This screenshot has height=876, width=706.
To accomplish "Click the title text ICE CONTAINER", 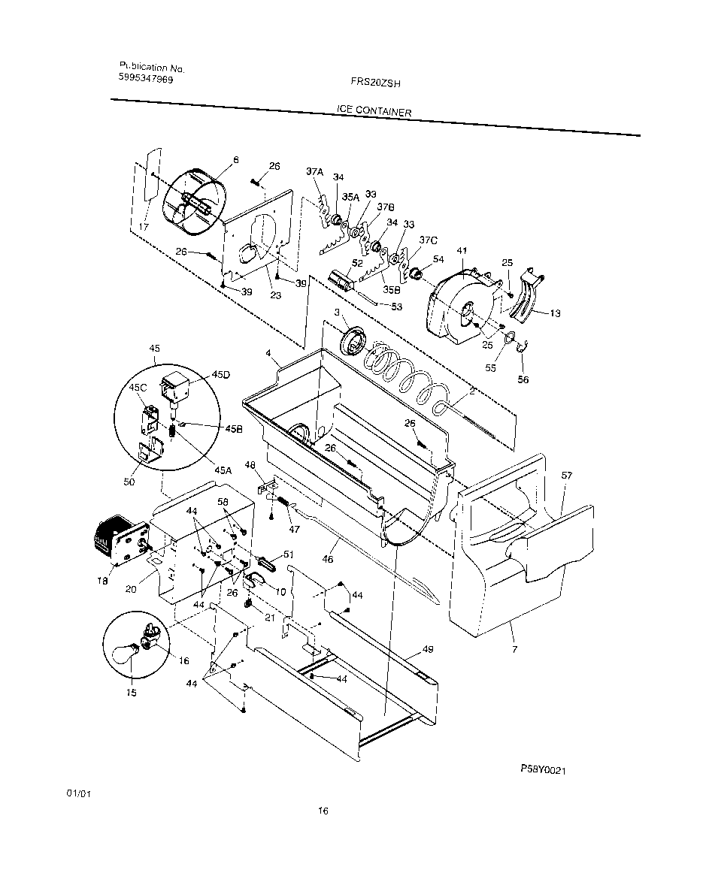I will [x=373, y=112].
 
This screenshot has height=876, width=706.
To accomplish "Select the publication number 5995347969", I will [x=146, y=77].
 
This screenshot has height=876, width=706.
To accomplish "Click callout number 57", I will [x=566, y=476].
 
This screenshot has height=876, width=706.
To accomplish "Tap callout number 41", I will [x=462, y=250].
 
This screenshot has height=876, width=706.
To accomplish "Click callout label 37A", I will [x=314, y=172].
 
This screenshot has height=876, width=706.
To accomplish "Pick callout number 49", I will [x=428, y=648].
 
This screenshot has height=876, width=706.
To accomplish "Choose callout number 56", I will [x=523, y=379].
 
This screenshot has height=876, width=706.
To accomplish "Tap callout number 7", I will [x=514, y=648].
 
